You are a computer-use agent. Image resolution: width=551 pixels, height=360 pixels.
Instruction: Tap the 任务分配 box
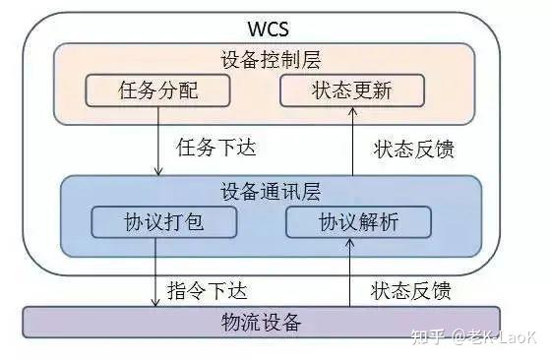pyautogui.click(x=157, y=91)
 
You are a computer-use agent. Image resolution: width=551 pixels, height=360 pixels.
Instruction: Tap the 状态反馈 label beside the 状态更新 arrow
pyautogui.click(x=413, y=150)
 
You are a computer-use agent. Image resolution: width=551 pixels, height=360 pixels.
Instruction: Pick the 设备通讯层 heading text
pyautogui.click(x=272, y=189)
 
